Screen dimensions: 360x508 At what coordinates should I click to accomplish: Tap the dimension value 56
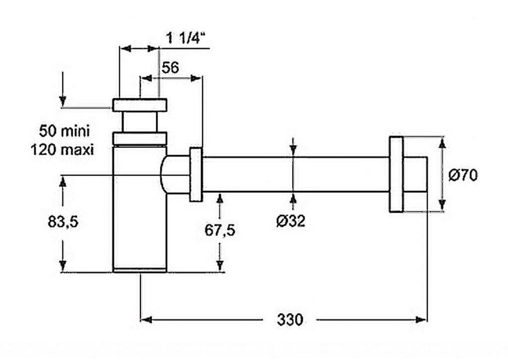coord(170,68)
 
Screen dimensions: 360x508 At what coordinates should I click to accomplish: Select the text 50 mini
coord(64,132)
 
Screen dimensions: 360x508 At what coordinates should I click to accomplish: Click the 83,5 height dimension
coord(63,222)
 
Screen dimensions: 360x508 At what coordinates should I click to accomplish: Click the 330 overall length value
coord(289,320)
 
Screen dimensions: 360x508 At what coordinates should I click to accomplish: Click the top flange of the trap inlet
coord(139,105)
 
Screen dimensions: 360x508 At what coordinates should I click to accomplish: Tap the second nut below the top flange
coord(139,138)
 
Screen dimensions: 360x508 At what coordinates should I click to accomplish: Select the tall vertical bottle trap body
coord(139,209)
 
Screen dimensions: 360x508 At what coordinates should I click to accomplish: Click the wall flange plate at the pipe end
coord(396,174)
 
